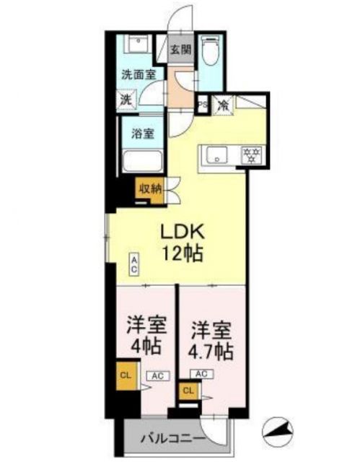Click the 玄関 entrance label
point(181,50)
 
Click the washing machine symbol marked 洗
point(126,101)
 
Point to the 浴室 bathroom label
point(142,134)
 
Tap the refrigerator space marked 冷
point(224,105)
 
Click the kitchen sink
point(216,154)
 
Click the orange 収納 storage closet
point(150,189)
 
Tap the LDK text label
point(183,232)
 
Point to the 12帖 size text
point(183,254)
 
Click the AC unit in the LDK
point(134,264)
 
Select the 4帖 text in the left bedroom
point(143,344)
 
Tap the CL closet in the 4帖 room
point(126,376)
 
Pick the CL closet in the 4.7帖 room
point(188,391)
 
